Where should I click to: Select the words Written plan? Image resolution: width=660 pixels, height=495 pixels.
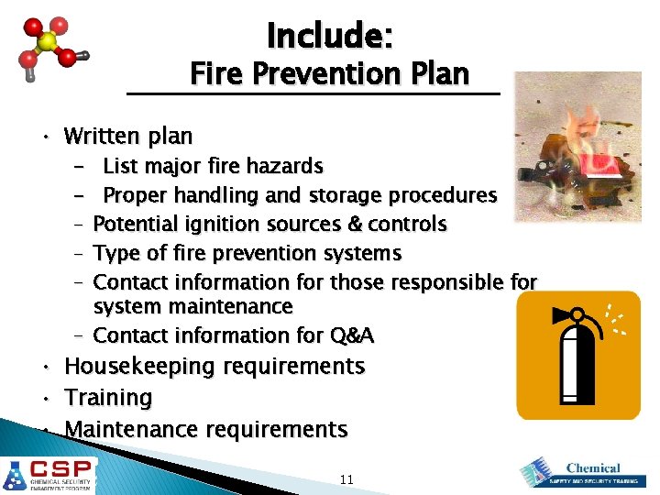coord(127,137)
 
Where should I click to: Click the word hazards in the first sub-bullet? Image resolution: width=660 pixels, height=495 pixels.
coord(287,166)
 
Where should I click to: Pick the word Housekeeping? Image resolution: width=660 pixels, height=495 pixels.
coord(137,367)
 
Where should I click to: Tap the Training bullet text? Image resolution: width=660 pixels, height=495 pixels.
coord(108,398)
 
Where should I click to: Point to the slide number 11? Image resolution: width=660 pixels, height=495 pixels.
coord(346,479)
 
